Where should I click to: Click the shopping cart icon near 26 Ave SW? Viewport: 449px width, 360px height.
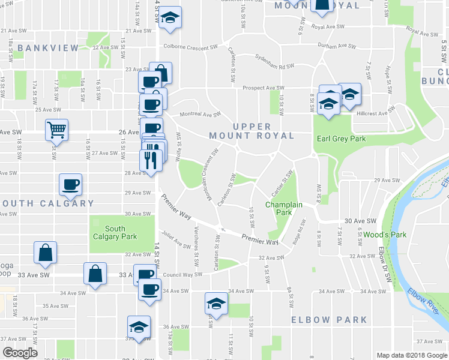(56, 129)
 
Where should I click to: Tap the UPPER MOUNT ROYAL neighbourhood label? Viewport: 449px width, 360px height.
(252, 131)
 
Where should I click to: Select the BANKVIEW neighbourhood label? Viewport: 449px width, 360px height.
(48, 47)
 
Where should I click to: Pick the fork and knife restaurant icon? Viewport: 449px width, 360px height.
(150, 160)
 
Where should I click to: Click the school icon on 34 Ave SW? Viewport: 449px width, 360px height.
(216, 303)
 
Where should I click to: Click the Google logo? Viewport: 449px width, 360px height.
(20, 353)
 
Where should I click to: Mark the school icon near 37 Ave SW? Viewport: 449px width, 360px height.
(139, 327)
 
